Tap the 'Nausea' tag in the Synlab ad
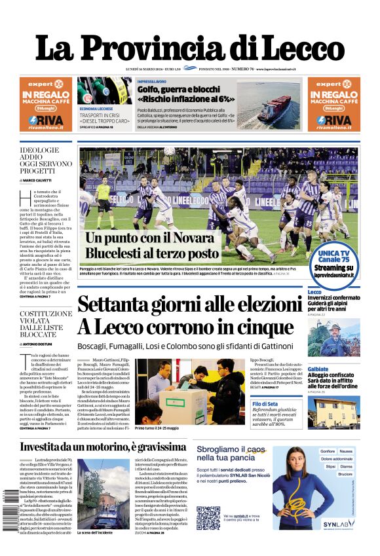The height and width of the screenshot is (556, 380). click(x=345, y=451)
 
